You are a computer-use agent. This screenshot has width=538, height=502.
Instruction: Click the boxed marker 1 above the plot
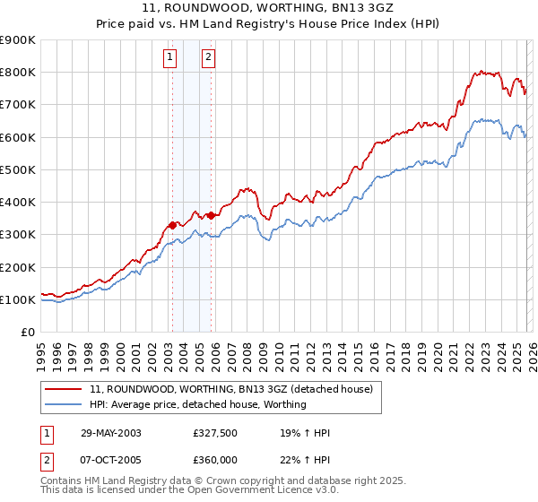click(169, 58)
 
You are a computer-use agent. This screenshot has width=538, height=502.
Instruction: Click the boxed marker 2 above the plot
click(208, 58)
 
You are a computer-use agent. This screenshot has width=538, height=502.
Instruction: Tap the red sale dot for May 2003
click(172, 225)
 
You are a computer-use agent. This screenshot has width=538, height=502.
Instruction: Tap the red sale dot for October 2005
click(211, 215)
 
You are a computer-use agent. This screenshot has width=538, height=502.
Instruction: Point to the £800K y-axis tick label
click(18, 73)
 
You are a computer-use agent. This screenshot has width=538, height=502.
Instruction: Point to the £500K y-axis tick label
click(18, 169)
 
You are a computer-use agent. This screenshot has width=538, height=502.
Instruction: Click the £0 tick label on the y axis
click(28, 332)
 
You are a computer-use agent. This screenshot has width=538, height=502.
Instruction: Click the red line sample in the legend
click(63, 389)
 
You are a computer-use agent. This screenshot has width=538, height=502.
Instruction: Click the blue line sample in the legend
click(63, 404)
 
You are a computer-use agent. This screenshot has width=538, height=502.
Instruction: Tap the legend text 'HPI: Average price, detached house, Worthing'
click(198, 404)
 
